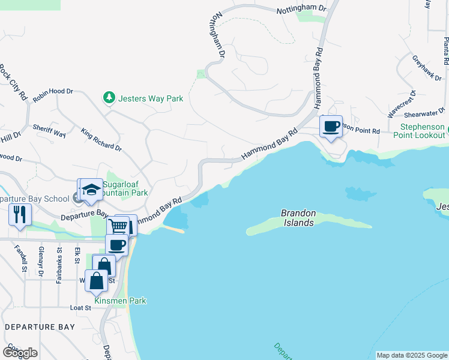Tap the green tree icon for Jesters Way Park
point(109,97)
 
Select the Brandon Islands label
point(298,218)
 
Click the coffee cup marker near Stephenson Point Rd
point(331,127)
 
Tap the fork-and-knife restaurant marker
point(20,214)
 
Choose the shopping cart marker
point(118,227)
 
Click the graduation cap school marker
point(91,190)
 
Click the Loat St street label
point(80,308)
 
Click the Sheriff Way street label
point(49,130)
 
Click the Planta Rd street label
point(445,50)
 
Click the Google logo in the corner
point(20,353)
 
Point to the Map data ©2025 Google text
point(411,355)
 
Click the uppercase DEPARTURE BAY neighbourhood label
point(40,327)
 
